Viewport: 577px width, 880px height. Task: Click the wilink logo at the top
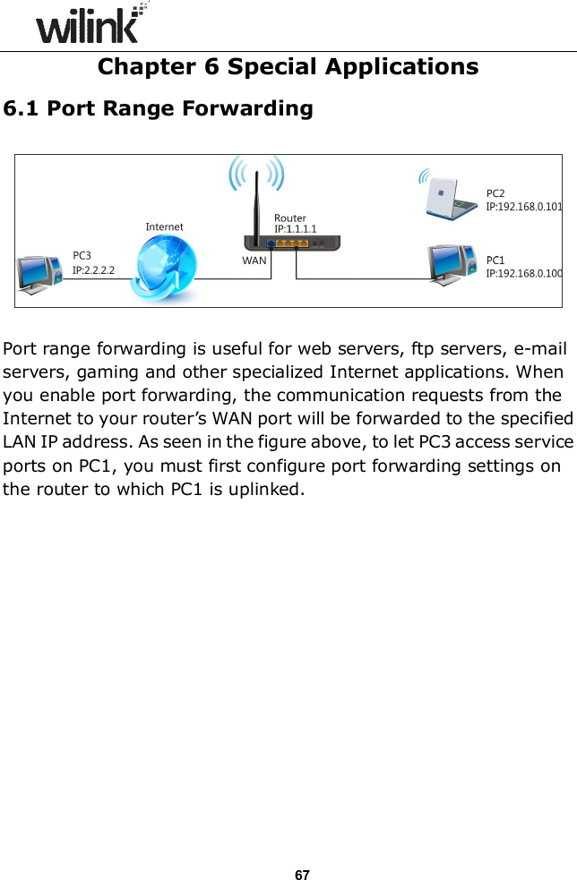pos(90,24)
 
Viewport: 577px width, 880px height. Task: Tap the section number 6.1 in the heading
pos(22,109)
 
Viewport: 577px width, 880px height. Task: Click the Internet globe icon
pos(164,269)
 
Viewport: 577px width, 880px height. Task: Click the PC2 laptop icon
pos(450,196)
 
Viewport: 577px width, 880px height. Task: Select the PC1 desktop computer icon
pos(455,264)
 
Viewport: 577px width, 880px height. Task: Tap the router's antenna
pos(254,206)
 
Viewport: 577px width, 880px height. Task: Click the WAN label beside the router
pos(254,261)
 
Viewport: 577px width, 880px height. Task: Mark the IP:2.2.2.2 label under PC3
pos(93,269)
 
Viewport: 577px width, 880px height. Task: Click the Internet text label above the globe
pos(164,227)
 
